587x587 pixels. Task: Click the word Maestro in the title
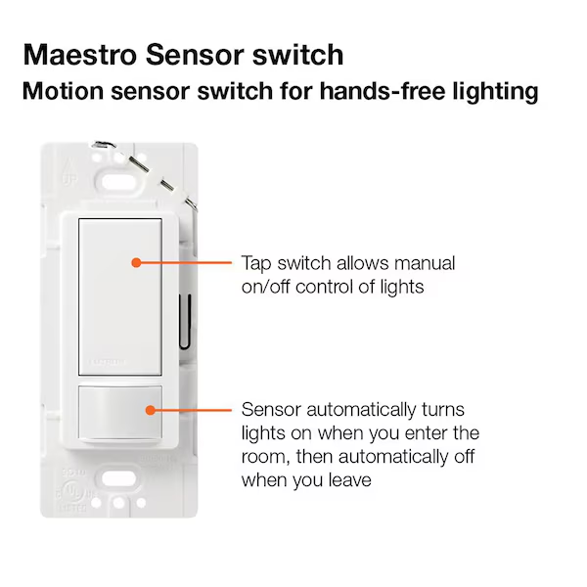tap(80, 55)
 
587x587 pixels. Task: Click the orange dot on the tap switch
tap(136, 263)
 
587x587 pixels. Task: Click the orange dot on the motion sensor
tap(151, 410)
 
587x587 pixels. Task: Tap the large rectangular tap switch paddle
tap(120, 296)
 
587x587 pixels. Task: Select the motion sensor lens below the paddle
tap(120, 413)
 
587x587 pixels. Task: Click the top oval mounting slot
tap(118, 183)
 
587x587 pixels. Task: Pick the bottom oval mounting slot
tap(118, 478)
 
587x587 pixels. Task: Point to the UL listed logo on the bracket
tap(74, 491)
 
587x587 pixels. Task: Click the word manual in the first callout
tap(425, 263)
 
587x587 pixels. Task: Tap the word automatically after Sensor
tap(361, 410)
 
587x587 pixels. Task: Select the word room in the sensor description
tap(265, 458)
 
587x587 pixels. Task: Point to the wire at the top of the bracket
tap(146, 173)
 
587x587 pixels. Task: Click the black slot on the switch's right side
tap(185, 322)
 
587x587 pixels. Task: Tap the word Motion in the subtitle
tap(63, 91)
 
